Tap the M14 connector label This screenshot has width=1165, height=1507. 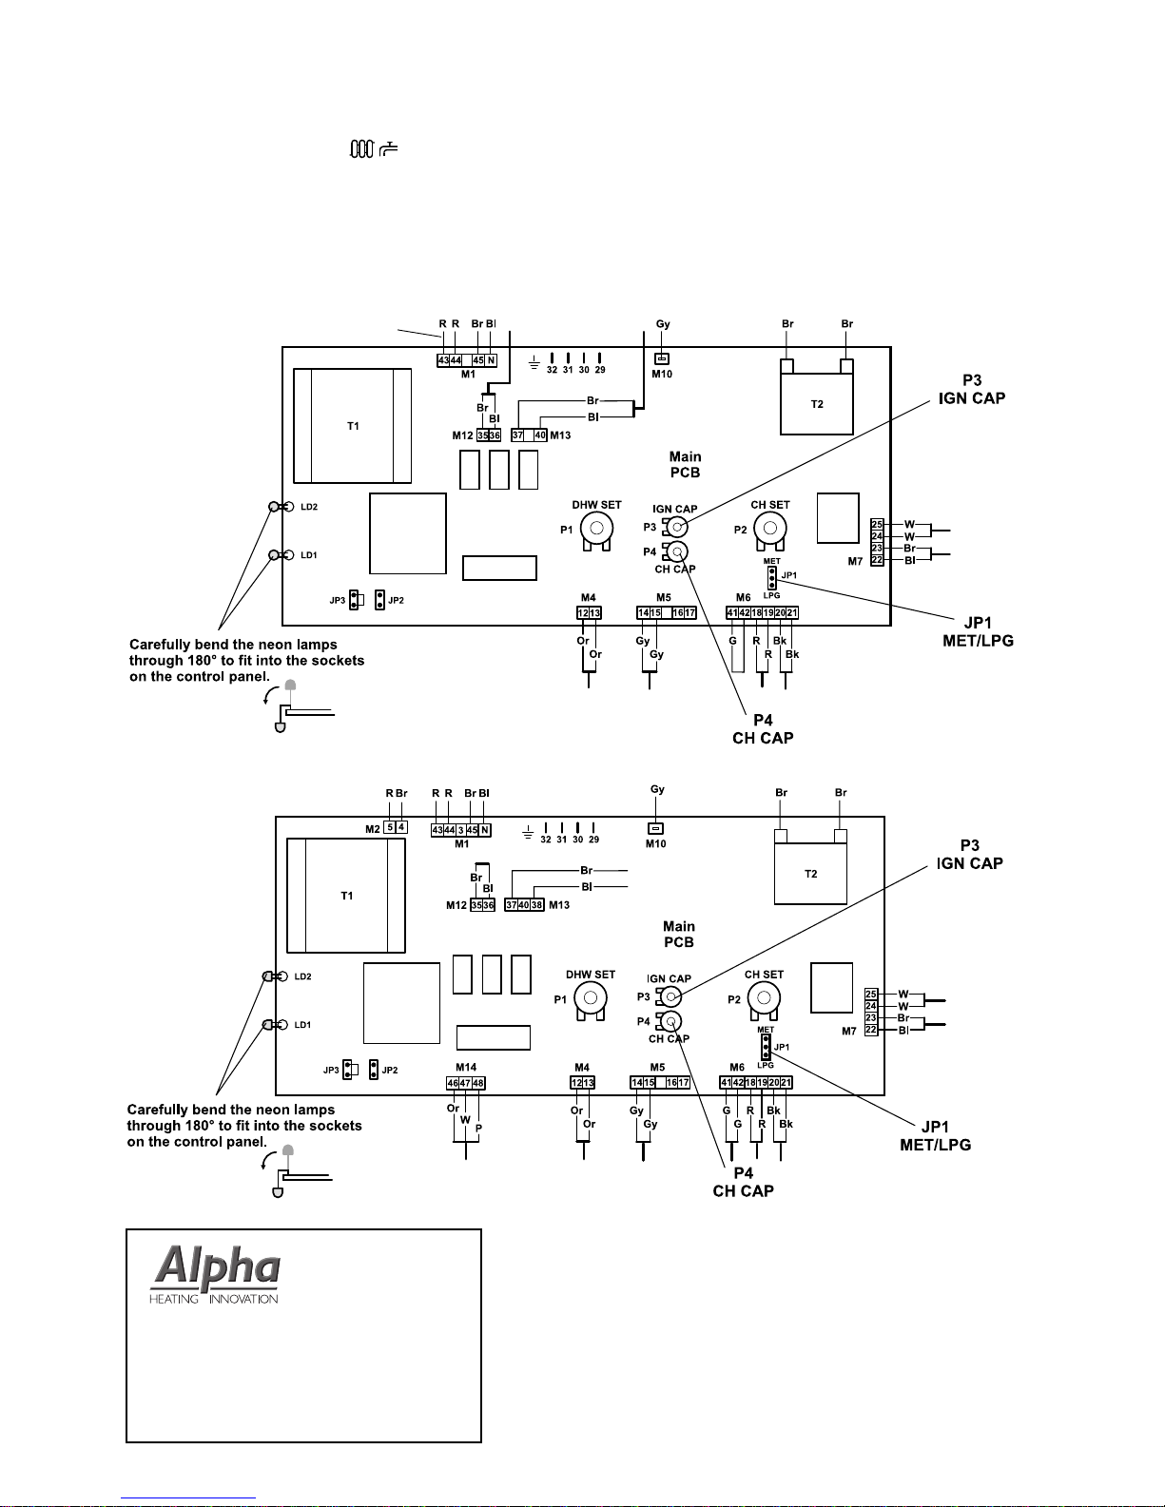click(466, 1068)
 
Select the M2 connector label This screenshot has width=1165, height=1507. click(373, 829)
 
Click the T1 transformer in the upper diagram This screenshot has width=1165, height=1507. click(353, 426)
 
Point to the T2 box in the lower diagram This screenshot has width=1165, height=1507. click(810, 874)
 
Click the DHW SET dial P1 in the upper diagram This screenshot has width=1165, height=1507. click(596, 529)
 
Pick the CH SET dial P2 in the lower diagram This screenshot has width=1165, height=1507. click(764, 997)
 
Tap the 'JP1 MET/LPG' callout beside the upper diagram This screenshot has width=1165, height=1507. click(978, 632)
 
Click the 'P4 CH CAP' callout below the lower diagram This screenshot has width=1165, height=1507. click(743, 1182)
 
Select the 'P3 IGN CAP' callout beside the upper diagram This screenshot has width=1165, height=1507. click(971, 390)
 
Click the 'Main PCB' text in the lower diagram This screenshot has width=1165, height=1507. click(679, 934)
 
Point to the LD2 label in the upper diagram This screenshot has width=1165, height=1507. click(309, 507)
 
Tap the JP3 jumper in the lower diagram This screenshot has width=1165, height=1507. click(349, 1071)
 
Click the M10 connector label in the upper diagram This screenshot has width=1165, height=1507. click(662, 374)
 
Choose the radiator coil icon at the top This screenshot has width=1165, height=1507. click(361, 149)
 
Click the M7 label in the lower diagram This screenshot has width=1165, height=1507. click(849, 1031)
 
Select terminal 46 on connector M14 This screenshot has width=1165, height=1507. click(453, 1083)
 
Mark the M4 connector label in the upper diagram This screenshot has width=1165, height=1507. click(588, 598)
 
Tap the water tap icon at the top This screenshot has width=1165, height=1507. click(388, 149)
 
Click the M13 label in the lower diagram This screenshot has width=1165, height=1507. click(559, 905)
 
